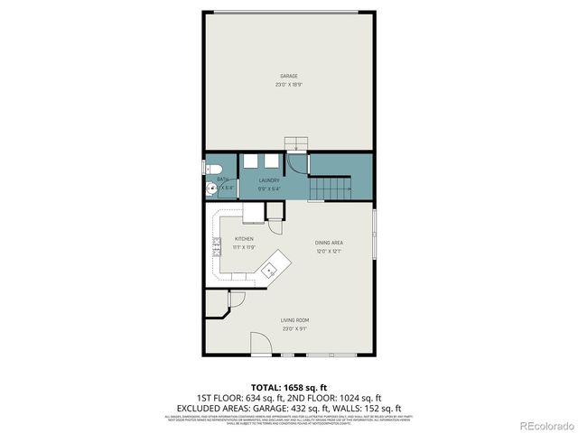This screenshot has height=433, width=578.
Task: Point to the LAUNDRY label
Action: pyautogui.click(x=268, y=180)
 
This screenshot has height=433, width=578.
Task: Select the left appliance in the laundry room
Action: pyautogui.click(x=250, y=161)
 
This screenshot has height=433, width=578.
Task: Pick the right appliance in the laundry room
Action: pyautogui.click(x=271, y=161)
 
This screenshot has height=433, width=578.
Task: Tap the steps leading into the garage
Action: pyautogui.click(x=297, y=144)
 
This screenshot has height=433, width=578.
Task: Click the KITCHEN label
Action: pyautogui.click(x=244, y=239)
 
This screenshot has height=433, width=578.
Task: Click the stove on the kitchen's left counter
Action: pyautogui.click(x=217, y=247)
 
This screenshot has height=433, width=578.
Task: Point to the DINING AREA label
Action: pyautogui.click(x=328, y=243)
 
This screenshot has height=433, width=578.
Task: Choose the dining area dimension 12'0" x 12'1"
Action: pyautogui.click(x=328, y=252)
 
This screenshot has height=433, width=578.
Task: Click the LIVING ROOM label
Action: pyautogui.click(x=294, y=320)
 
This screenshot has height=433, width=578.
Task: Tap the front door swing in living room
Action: pyautogui.click(x=260, y=344)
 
